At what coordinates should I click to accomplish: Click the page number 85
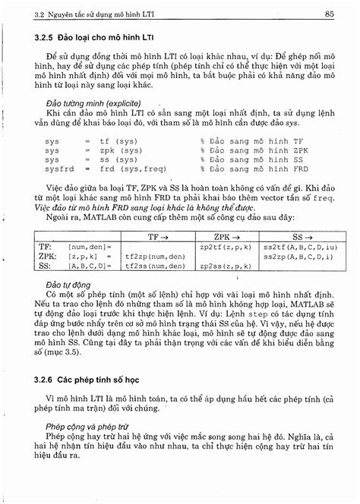click(329, 13)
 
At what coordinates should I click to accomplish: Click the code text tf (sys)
click(115, 141)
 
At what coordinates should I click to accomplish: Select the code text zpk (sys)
click(118, 150)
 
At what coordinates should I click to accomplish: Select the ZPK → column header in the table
click(220, 238)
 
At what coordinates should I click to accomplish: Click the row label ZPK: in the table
click(48, 257)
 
